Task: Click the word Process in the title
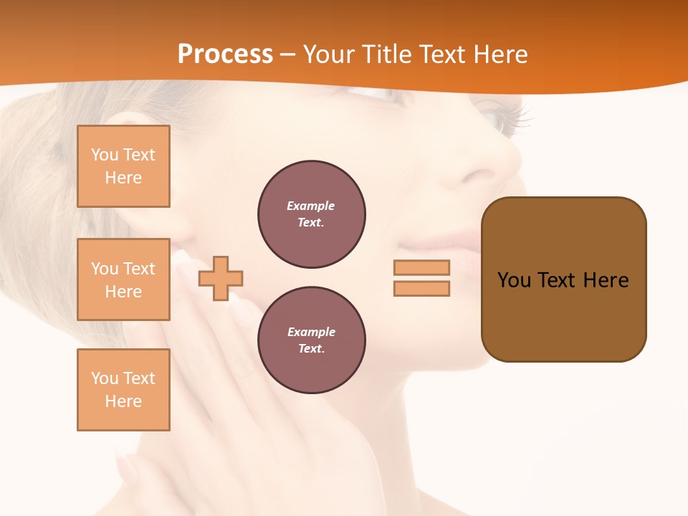pyautogui.click(x=225, y=54)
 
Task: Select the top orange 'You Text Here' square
pyautogui.click(x=123, y=166)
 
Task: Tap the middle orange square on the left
pyautogui.click(x=123, y=279)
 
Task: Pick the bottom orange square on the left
pyautogui.click(x=123, y=390)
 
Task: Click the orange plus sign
pyautogui.click(x=221, y=278)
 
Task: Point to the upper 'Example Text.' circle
pyautogui.click(x=312, y=214)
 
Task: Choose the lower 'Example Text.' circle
pyautogui.click(x=312, y=340)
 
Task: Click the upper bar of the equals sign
pyautogui.click(x=421, y=267)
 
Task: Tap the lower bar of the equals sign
pyautogui.click(x=421, y=288)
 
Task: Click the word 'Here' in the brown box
pyautogui.click(x=606, y=280)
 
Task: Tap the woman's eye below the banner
pyautogui.click(x=505, y=118)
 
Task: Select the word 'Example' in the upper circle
pyautogui.click(x=310, y=206)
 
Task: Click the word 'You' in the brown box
pyautogui.click(x=514, y=280)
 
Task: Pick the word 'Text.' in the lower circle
pyautogui.click(x=312, y=349)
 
